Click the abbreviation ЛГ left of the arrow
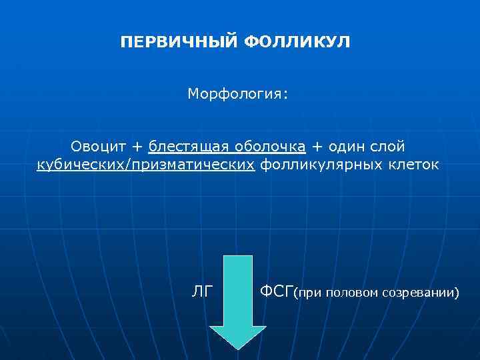[201, 291]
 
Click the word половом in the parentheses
[351, 293]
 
